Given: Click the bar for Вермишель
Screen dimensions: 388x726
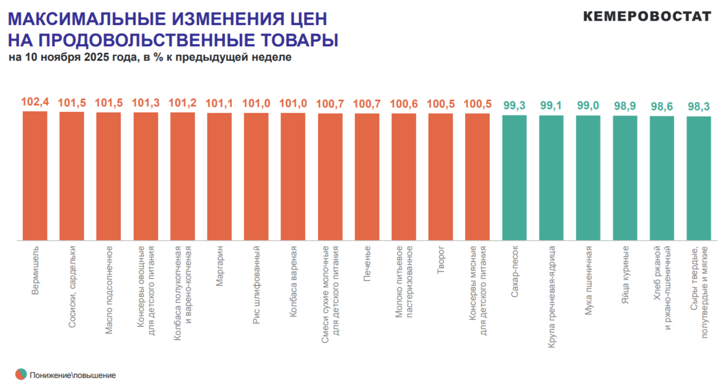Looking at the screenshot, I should coord(35,176).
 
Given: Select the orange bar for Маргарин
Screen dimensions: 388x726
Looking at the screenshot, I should coord(219,176).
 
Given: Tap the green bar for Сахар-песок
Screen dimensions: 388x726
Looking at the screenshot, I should coord(514,178).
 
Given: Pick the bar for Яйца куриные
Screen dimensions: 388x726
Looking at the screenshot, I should coord(625,178).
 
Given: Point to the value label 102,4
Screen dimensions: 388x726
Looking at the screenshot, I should coord(35,102).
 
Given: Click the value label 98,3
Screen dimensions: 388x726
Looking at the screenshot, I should coord(698,106).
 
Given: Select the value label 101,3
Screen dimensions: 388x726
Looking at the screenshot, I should coord(146,103).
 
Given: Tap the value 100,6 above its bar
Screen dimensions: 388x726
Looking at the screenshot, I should coord(404,104).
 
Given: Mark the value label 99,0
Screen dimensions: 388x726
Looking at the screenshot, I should coord(588,106).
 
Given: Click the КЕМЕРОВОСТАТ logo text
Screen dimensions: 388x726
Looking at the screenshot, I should coord(647,16).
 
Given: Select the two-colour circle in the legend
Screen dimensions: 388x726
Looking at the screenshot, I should coord(21,374).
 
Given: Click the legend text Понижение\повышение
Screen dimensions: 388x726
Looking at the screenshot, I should coord(72,375).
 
